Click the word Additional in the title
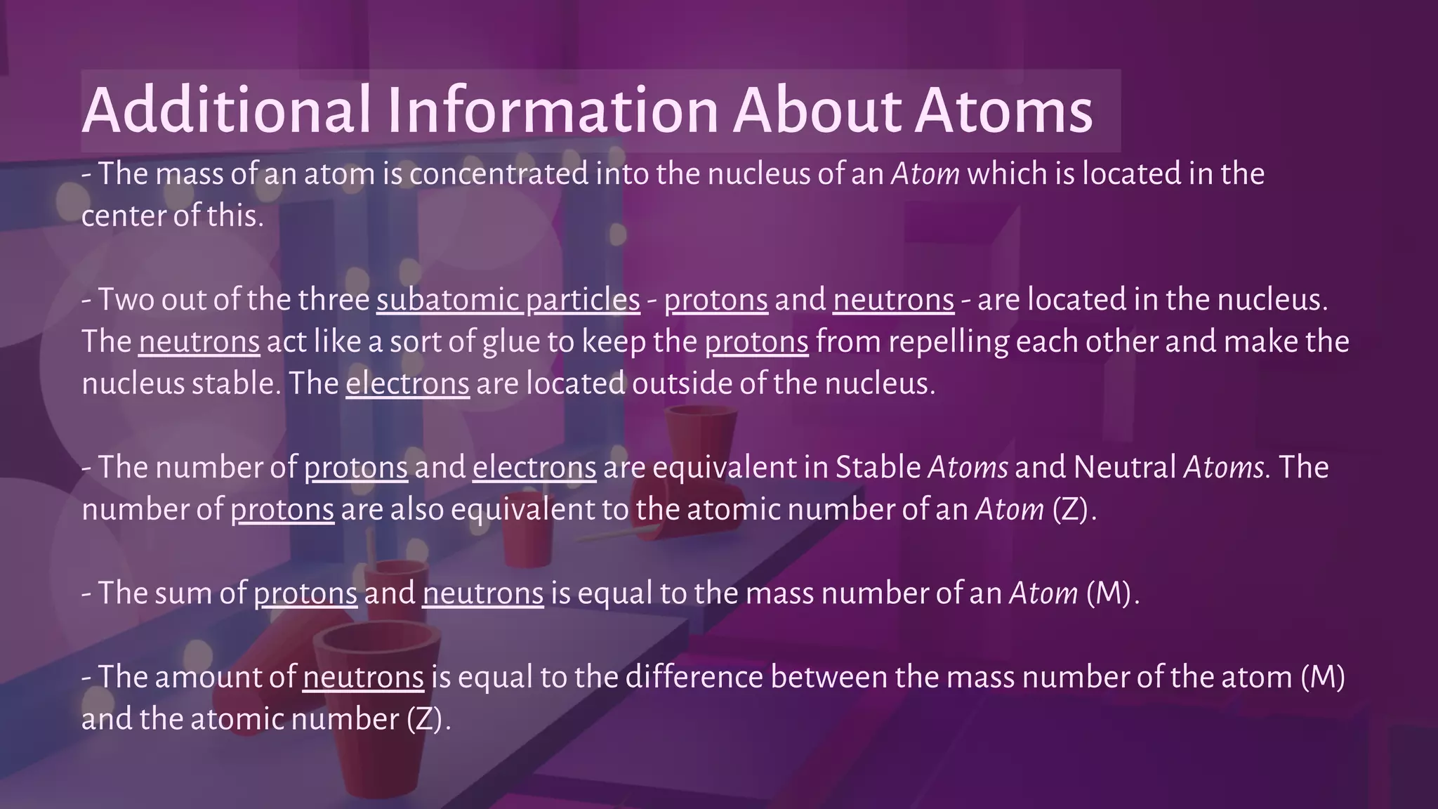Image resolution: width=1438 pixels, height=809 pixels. (227, 110)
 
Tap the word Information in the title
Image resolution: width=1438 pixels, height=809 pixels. (553, 110)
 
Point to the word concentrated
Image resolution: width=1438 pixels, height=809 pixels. (499, 173)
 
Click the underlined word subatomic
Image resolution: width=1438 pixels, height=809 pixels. (447, 300)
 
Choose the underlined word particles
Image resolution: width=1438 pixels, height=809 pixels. (583, 300)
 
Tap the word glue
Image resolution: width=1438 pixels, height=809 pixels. (510, 342)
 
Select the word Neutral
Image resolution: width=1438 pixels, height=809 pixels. (1125, 467)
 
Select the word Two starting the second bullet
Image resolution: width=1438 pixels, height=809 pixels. (126, 300)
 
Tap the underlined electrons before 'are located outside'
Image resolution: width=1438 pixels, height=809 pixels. (407, 383)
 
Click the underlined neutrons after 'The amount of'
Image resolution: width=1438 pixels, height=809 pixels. (363, 677)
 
